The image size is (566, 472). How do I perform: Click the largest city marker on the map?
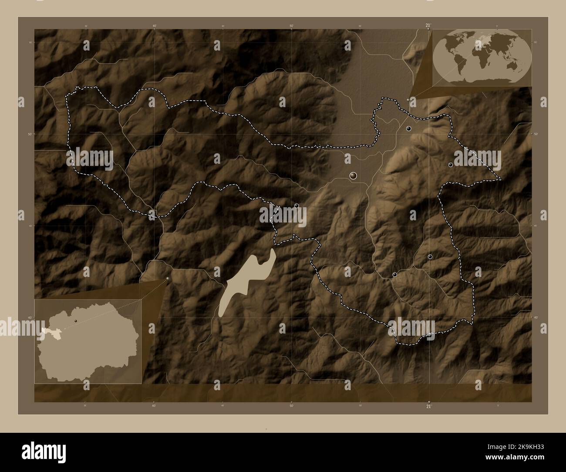coord(353,175)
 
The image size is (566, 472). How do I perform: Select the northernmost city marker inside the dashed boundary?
coord(409,128)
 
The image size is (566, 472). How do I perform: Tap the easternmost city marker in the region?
coord(450,165)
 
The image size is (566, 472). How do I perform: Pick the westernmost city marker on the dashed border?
coord(296,206)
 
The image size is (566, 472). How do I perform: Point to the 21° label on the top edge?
coord(428,26)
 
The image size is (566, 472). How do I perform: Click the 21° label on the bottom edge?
coord(428,407)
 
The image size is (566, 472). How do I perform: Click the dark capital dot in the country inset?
coord(76,320)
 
